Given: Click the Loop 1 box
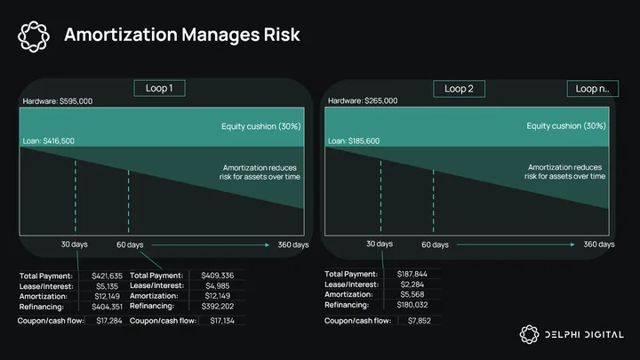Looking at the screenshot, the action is (159, 88).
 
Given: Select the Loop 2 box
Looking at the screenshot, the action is (459, 89).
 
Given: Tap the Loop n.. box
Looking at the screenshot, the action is (592, 89).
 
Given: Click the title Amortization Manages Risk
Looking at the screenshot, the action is (182, 35).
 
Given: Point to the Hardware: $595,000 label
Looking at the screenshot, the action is (58, 101).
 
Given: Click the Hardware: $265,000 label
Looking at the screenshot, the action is (363, 100).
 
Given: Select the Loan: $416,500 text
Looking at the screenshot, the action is (49, 141).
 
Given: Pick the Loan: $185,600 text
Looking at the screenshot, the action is (354, 141).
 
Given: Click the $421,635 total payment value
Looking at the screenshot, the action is (107, 276).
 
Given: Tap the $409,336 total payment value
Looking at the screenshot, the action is (218, 276).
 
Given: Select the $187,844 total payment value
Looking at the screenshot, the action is (412, 275).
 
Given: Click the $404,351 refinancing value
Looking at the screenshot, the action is (107, 307).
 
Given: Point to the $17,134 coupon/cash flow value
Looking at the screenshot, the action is (222, 321).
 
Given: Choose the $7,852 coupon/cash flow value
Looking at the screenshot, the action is (420, 321).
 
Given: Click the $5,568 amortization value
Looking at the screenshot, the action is (412, 295).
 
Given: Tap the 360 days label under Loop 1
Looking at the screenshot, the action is (293, 245).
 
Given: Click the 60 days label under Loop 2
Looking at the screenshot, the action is (435, 245).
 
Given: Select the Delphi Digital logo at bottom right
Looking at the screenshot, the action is (572, 335).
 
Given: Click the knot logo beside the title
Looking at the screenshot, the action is (34, 36).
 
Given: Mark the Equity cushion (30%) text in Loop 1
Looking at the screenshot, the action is (261, 126).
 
